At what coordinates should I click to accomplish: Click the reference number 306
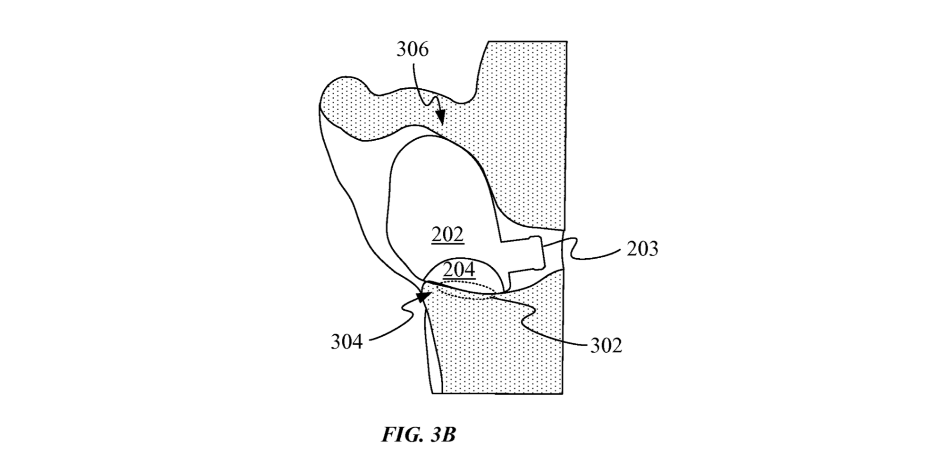(412, 49)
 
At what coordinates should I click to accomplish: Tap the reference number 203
(642, 249)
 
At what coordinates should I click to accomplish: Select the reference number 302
(606, 346)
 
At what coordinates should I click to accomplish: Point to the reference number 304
(346, 341)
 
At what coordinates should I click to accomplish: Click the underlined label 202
(447, 235)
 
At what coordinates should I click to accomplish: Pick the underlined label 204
(459, 270)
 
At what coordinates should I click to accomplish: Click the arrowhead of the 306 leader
(441, 119)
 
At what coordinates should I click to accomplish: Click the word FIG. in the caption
(402, 435)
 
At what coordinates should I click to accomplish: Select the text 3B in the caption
(443, 435)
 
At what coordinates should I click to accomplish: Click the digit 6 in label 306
(423, 49)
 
